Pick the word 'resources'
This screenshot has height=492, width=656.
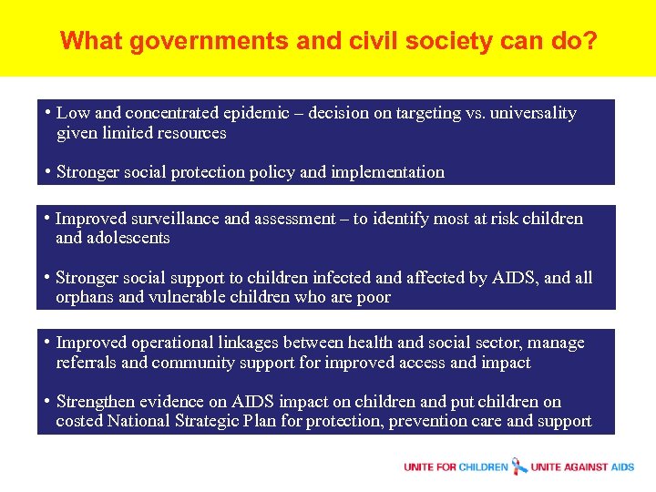189,133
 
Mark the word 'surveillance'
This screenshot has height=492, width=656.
171,219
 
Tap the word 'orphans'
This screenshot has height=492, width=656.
84,298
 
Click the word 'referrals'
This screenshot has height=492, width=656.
86,363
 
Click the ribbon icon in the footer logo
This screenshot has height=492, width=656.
519,466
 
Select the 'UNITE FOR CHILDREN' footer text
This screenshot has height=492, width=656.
456,467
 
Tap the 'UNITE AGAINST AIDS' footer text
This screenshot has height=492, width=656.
582,467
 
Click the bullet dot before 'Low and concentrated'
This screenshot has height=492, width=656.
46,113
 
